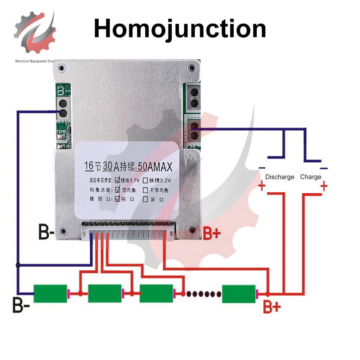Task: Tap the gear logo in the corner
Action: click(x=35, y=32)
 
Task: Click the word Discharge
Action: click(x=279, y=177)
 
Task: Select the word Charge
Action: click(x=310, y=177)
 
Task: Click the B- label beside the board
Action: click(x=46, y=234)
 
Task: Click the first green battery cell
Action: click(x=50, y=293)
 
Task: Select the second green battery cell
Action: click(x=105, y=293)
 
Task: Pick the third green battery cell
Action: click(x=156, y=293)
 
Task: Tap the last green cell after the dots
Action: click(x=239, y=293)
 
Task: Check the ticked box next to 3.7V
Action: click(x=118, y=180)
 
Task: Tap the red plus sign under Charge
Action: click(x=324, y=186)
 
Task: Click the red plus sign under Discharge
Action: click(x=262, y=186)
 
